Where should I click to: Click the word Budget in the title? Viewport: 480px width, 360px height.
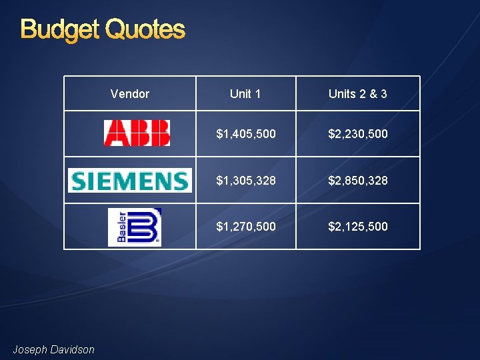pyautogui.click(x=61, y=29)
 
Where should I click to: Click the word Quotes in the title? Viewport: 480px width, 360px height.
pyautogui.click(x=145, y=29)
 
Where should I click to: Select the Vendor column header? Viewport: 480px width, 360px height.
pyautogui.click(x=129, y=94)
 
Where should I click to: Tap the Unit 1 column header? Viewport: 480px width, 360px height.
pyautogui.click(x=245, y=94)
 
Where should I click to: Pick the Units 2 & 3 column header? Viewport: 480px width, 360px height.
pyautogui.click(x=358, y=94)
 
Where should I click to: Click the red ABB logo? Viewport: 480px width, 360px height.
pyautogui.click(x=137, y=133)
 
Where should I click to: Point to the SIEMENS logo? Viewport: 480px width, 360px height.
pyautogui.click(x=129, y=181)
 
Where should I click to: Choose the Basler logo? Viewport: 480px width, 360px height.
pyautogui.click(x=135, y=227)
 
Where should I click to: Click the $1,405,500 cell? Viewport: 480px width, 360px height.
pyautogui.click(x=246, y=134)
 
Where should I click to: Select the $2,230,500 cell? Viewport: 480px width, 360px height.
pyautogui.click(x=358, y=134)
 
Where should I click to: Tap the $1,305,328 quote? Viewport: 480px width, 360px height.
pyautogui.click(x=246, y=181)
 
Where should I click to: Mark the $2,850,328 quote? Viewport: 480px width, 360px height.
pyautogui.click(x=358, y=181)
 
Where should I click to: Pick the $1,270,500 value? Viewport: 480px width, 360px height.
pyautogui.click(x=246, y=227)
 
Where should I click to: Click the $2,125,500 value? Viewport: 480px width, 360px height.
pyautogui.click(x=358, y=227)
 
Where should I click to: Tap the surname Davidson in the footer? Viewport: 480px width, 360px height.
pyautogui.click(x=73, y=349)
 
